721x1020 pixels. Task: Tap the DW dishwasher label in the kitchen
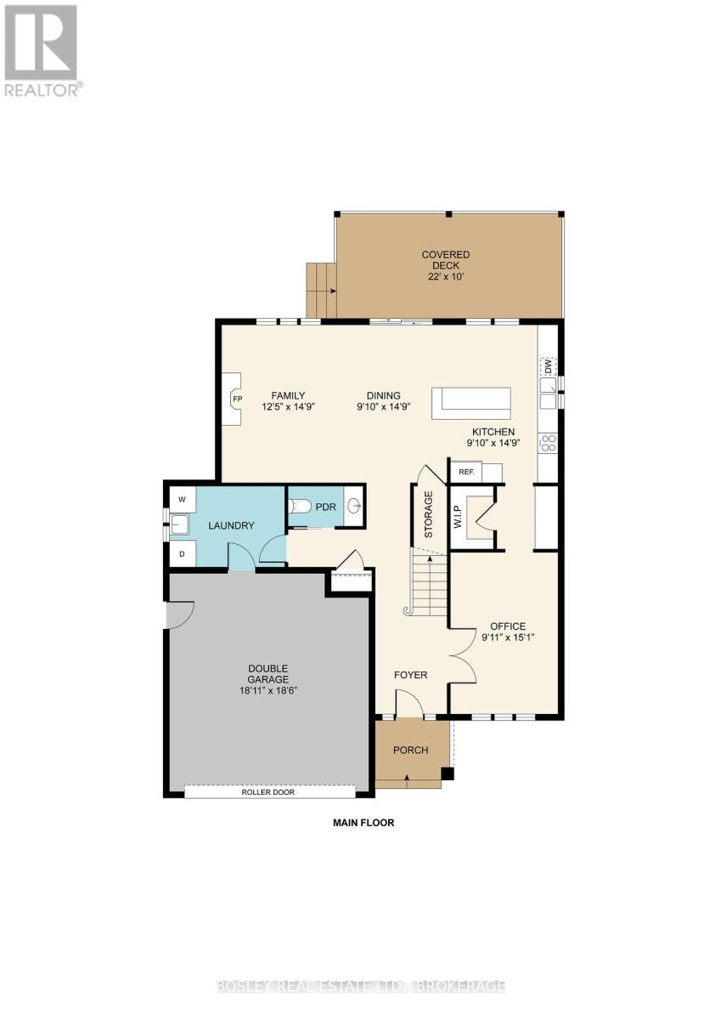[x=549, y=366]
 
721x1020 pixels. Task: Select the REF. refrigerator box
[x=465, y=472]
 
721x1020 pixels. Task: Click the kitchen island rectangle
[x=471, y=402]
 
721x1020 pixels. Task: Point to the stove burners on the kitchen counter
[x=549, y=442]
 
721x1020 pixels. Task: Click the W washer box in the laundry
[x=181, y=498]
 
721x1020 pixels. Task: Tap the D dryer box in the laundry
[x=181, y=554]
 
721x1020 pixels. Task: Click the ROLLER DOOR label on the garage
[x=268, y=791]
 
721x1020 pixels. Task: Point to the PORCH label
[x=410, y=750]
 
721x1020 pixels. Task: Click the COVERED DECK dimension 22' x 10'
[x=446, y=276]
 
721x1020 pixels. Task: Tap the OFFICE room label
[x=508, y=626]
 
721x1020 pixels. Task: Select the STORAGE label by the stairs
[x=429, y=514]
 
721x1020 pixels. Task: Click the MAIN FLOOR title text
[x=363, y=823]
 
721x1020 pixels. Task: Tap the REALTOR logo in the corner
[x=42, y=51]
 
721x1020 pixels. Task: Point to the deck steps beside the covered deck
[x=322, y=290]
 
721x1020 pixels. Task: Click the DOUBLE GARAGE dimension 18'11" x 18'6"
[x=268, y=690]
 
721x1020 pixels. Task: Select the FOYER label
[x=410, y=675]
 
